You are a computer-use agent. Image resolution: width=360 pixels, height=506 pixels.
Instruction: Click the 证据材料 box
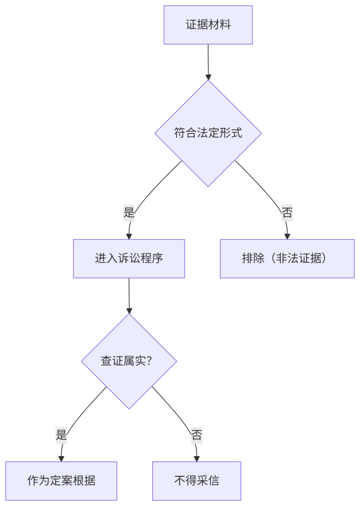click(x=208, y=25)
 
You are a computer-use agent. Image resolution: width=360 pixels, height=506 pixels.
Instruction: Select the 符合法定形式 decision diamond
click(x=208, y=133)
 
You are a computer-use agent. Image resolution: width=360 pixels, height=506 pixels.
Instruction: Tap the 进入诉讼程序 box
click(x=129, y=258)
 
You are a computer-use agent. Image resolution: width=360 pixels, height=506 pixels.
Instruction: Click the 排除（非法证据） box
click(x=287, y=258)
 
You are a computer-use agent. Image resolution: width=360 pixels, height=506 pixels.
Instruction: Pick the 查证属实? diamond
click(x=129, y=361)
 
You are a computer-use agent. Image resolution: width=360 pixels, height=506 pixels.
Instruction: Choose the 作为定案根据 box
click(x=61, y=481)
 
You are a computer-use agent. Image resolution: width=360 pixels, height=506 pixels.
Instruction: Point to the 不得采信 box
click(x=196, y=481)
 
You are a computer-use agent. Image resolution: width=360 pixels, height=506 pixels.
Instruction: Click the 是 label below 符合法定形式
click(x=129, y=213)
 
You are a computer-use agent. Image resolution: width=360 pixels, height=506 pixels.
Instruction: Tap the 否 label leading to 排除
click(x=287, y=213)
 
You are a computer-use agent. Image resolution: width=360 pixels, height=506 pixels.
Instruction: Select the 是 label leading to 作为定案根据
click(x=61, y=435)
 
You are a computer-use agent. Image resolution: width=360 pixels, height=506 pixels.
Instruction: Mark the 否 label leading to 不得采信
click(x=196, y=435)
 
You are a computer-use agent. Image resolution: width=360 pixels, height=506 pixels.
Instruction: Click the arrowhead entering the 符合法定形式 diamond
click(x=208, y=77)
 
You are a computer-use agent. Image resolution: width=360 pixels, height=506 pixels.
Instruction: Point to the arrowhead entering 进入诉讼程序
click(x=129, y=236)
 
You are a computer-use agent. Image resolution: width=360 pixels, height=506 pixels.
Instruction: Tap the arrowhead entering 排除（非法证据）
click(x=287, y=236)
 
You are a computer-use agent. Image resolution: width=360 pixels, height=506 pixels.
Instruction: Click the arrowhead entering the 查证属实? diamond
click(x=129, y=311)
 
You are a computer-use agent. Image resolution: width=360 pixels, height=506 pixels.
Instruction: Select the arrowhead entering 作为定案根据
click(x=61, y=458)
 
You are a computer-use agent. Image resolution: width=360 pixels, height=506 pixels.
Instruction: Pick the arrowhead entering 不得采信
click(x=196, y=458)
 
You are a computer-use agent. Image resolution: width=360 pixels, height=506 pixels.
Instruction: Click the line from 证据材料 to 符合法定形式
click(x=208, y=59)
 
